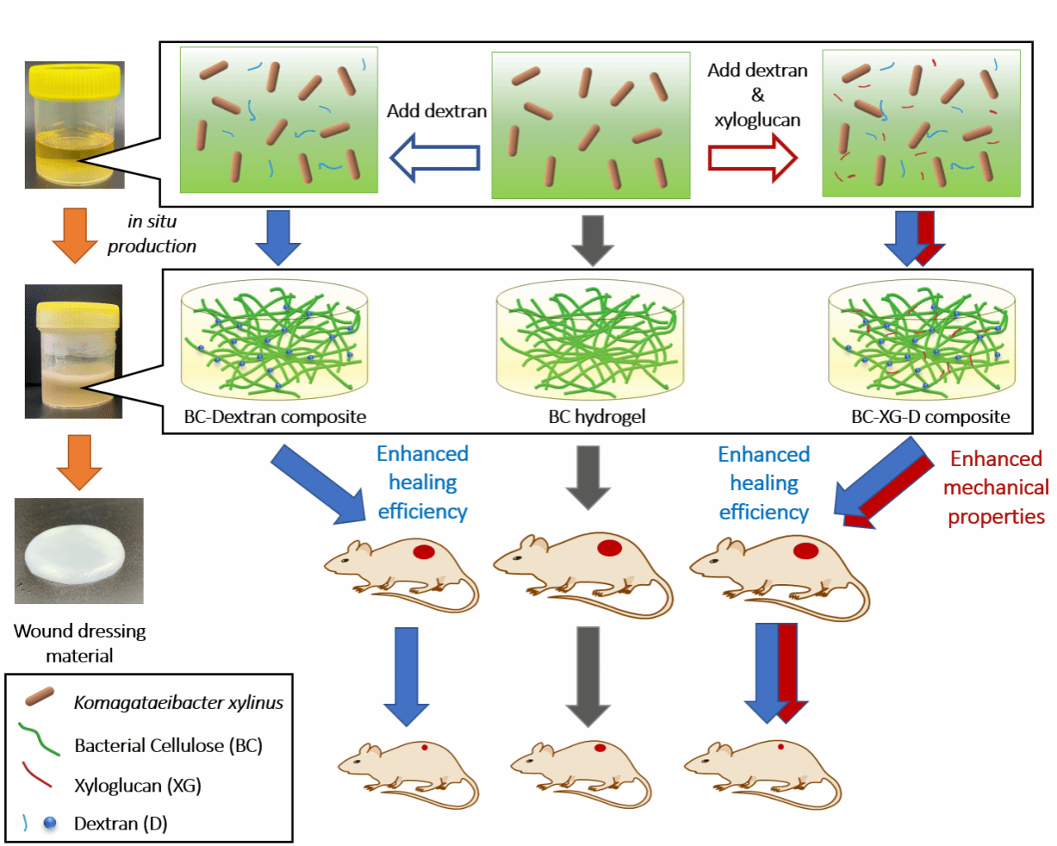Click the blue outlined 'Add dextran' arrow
pos(434,158)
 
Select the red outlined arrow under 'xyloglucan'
pos(752,157)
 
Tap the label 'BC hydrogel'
pos(597,416)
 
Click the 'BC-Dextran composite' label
pos(275,416)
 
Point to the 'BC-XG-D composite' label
pos(931,416)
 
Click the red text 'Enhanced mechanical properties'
pos(996,487)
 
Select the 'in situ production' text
pos(152,234)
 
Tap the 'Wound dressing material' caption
pos(79,643)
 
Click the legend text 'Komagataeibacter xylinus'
pos(178,702)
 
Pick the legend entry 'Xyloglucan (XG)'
pos(138,785)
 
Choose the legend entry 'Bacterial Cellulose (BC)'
pos(168,745)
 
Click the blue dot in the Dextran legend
pos(50,823)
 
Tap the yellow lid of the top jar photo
pos(75,81)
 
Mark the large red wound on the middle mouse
pos(609,547)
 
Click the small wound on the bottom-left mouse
pos(424,747)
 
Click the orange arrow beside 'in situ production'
pos(75,235)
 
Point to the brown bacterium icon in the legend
pos(39,696)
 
